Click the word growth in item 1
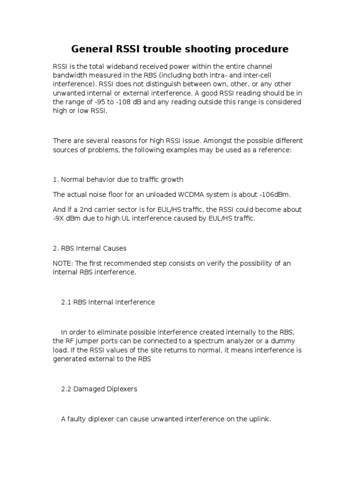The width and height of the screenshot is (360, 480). coord(172,179)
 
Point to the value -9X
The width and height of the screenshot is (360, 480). coord(60,219)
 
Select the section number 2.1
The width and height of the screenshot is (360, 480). coord(67,302)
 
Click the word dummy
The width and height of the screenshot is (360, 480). coord(298,341)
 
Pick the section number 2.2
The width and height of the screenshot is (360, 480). coord(67,389)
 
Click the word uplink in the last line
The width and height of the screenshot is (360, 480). coord(260,419)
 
